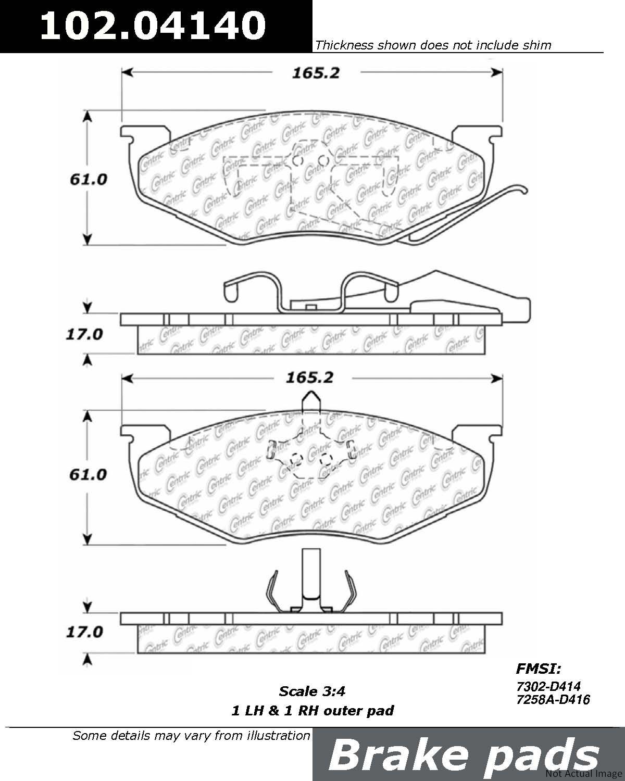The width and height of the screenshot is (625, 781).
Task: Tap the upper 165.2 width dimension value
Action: [x=316, y=73]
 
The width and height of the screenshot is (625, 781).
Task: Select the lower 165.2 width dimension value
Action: [x=309, y=378]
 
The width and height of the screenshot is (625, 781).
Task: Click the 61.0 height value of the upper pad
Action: [x=88, y=179]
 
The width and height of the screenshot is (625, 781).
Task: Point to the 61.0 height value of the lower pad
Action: [x=88, y=474]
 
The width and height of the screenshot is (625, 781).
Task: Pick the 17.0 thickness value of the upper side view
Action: [x=84, y=334]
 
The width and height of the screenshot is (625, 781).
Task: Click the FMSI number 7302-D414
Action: [x=548, y=686]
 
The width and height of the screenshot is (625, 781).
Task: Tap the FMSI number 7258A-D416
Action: [x=553, y=699]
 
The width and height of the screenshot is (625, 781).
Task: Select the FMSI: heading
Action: [x=539, y=669]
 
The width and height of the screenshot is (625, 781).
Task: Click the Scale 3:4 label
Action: [x=312, y=691]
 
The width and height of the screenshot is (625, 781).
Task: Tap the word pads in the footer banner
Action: [x=541, y=758]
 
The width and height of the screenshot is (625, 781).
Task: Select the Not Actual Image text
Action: [x=584, y=774]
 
